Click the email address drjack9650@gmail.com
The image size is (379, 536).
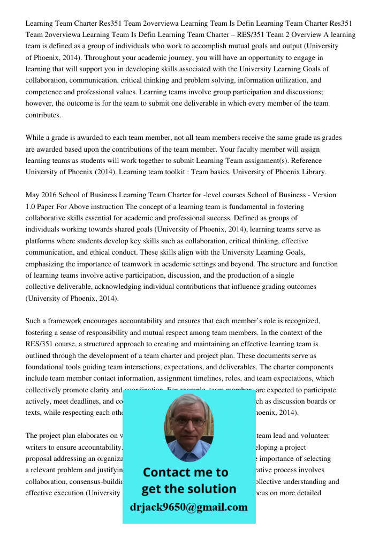[x=188, y=507]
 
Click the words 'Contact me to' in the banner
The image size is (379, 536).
[x=185, y=472]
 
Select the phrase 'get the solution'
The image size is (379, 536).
[x=188, y=489]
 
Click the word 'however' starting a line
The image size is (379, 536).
[x=39, y=103]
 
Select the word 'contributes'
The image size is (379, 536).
[x=43, y=115]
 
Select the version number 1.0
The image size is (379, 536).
[x=31, y=206]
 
